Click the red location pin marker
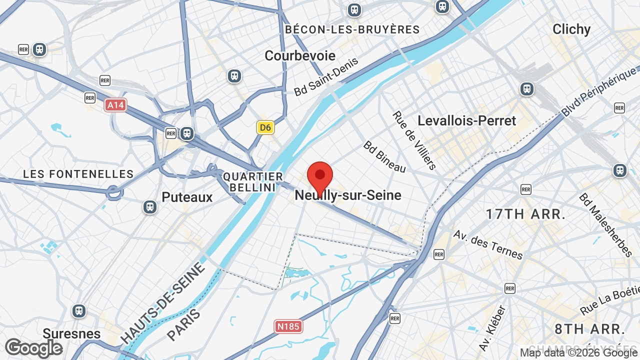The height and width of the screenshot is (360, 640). click(320, 176)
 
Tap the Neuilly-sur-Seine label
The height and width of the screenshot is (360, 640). click(348, 195)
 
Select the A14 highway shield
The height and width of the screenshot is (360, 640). click(115, 105)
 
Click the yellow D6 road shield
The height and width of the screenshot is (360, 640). click(265, 127)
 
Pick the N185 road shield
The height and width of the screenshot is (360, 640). click(288, 326)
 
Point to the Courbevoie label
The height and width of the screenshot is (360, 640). click(300, 55)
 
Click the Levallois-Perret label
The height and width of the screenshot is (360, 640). click(466, 120)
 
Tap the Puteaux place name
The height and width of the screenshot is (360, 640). click(187, 197)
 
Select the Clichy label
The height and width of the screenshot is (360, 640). click(571, 29)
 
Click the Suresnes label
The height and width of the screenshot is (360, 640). click(71, 333)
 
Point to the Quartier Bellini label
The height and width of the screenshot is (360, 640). click(253, 181)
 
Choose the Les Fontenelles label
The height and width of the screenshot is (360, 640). click(78, 174)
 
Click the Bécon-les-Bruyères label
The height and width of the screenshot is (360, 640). click(352, 29)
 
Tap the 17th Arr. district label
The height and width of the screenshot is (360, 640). click(525, 214)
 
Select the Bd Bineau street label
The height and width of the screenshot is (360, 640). click(384, 156)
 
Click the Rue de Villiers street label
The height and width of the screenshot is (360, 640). click(414, 140)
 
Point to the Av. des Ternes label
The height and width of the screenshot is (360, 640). click(487, 244)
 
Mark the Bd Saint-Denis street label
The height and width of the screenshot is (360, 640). click(326, 76)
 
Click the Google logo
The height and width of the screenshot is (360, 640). click(33, 348)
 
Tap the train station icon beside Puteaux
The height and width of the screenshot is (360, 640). click(149, 207)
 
